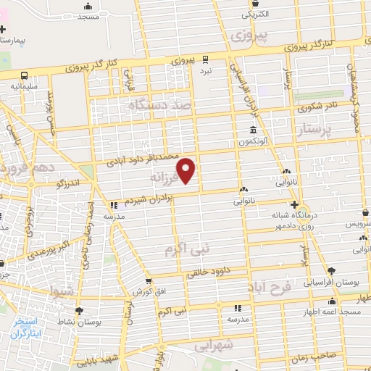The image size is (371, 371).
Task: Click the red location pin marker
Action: (x=187, y=170)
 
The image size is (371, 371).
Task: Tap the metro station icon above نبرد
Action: (x=207, y=59)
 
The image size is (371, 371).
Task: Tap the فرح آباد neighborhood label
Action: (x=289, y=289)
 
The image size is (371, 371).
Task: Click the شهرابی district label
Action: (x=215, y=346)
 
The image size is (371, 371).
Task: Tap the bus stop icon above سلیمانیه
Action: (x=24, y=75)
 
